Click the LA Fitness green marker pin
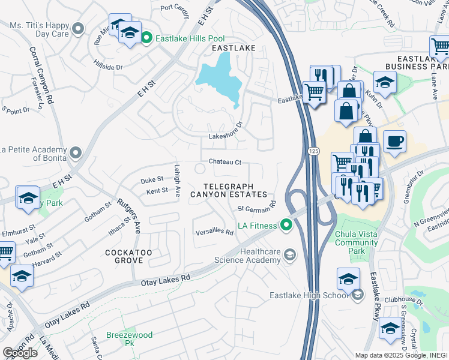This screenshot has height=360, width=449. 287,226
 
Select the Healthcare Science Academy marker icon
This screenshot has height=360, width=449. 289,256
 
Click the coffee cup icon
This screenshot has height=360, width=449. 394,142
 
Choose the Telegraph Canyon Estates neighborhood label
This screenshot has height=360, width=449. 229,190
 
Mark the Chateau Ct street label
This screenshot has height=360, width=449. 224,162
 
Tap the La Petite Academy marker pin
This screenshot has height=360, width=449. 75,153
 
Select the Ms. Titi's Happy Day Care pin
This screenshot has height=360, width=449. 77,28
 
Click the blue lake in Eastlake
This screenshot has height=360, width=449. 220,78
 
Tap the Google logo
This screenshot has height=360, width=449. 20,353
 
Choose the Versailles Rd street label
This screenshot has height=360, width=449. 214,232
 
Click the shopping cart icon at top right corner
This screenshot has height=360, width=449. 440,46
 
